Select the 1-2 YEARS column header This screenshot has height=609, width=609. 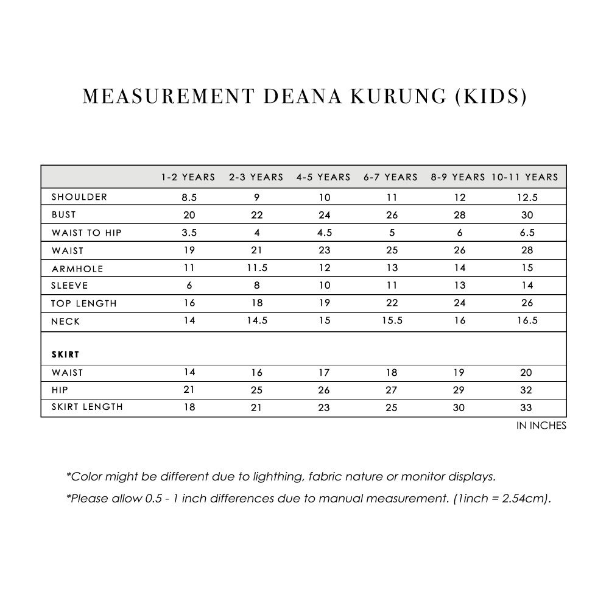click(x=188, y=177)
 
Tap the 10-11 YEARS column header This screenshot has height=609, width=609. click(x=525, y=177)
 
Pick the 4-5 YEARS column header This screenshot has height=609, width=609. click(x=323, y=177)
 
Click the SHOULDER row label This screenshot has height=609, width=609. click(x=79, y=197)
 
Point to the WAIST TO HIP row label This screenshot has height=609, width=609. click(x=86, y=233)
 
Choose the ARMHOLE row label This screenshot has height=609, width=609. click(x=77, y=269)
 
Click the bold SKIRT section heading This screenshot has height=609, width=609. click(x=66, y=354)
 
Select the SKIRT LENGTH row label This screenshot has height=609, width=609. click(x=87, y=407)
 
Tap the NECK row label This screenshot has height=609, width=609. click(x=66, y=321)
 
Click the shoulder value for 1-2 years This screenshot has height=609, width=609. click(x=189, y=197)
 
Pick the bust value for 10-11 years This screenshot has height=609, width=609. click(x=527, y=215)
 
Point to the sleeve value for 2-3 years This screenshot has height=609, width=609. click(x=256, y=285)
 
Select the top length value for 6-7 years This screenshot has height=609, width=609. click(x=392, y=303)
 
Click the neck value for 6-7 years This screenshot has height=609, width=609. click(x=392, y=320)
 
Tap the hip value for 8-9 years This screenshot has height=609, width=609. click(x=459, y=390)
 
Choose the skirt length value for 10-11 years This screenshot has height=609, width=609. click(x=527, y=407)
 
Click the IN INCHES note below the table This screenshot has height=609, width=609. click(x=541, y=426)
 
